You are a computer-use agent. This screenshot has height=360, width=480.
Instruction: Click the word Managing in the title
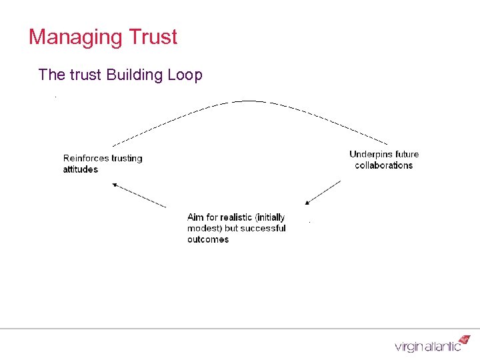[x=71, y=37]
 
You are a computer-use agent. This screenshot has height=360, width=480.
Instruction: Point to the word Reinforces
[x=85, y=158]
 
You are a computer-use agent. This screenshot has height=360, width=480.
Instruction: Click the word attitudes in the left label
[x=81, y=169]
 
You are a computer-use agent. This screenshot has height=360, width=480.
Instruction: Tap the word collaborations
[x=384, y=165]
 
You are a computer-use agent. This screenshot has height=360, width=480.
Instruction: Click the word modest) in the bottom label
[x=204, y=228]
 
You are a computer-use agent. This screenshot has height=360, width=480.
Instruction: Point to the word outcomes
[x=208, y=239]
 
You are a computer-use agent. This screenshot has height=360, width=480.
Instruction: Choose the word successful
[x=263, y=228]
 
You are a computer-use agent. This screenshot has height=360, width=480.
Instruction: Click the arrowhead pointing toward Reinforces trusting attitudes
[x=115, y=185]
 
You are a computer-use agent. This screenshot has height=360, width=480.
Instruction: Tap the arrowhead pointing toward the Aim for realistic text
[x=307, y=202]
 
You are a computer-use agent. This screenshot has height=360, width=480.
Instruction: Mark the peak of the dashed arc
[x=248, y=101]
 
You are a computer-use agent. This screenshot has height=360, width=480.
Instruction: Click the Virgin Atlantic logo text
[x=427, y=347]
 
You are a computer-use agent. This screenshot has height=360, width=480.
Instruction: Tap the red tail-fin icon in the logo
[x=465, y=340]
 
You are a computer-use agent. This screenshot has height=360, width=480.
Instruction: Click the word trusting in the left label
[x=126, y=158]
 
